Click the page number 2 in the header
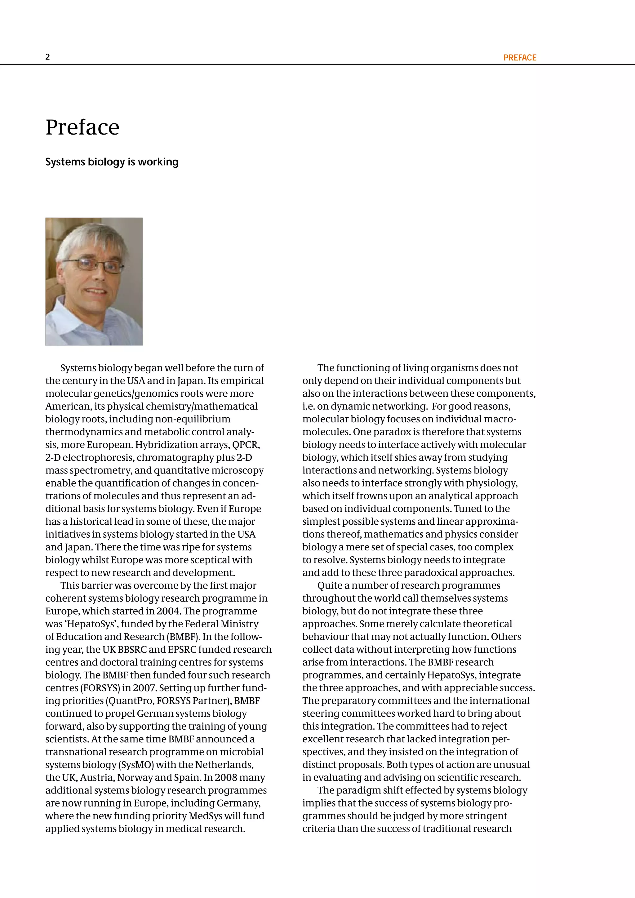pyautogui.click(x=48, y=57)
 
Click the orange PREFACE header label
pyautogui.click(x=519, y=57)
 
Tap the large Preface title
pyautogui.click(x=82, y=127)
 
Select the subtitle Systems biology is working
pyautogui.click(x=112, y=162)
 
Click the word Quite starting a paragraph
pyautogui.click(x=329, y=585)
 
